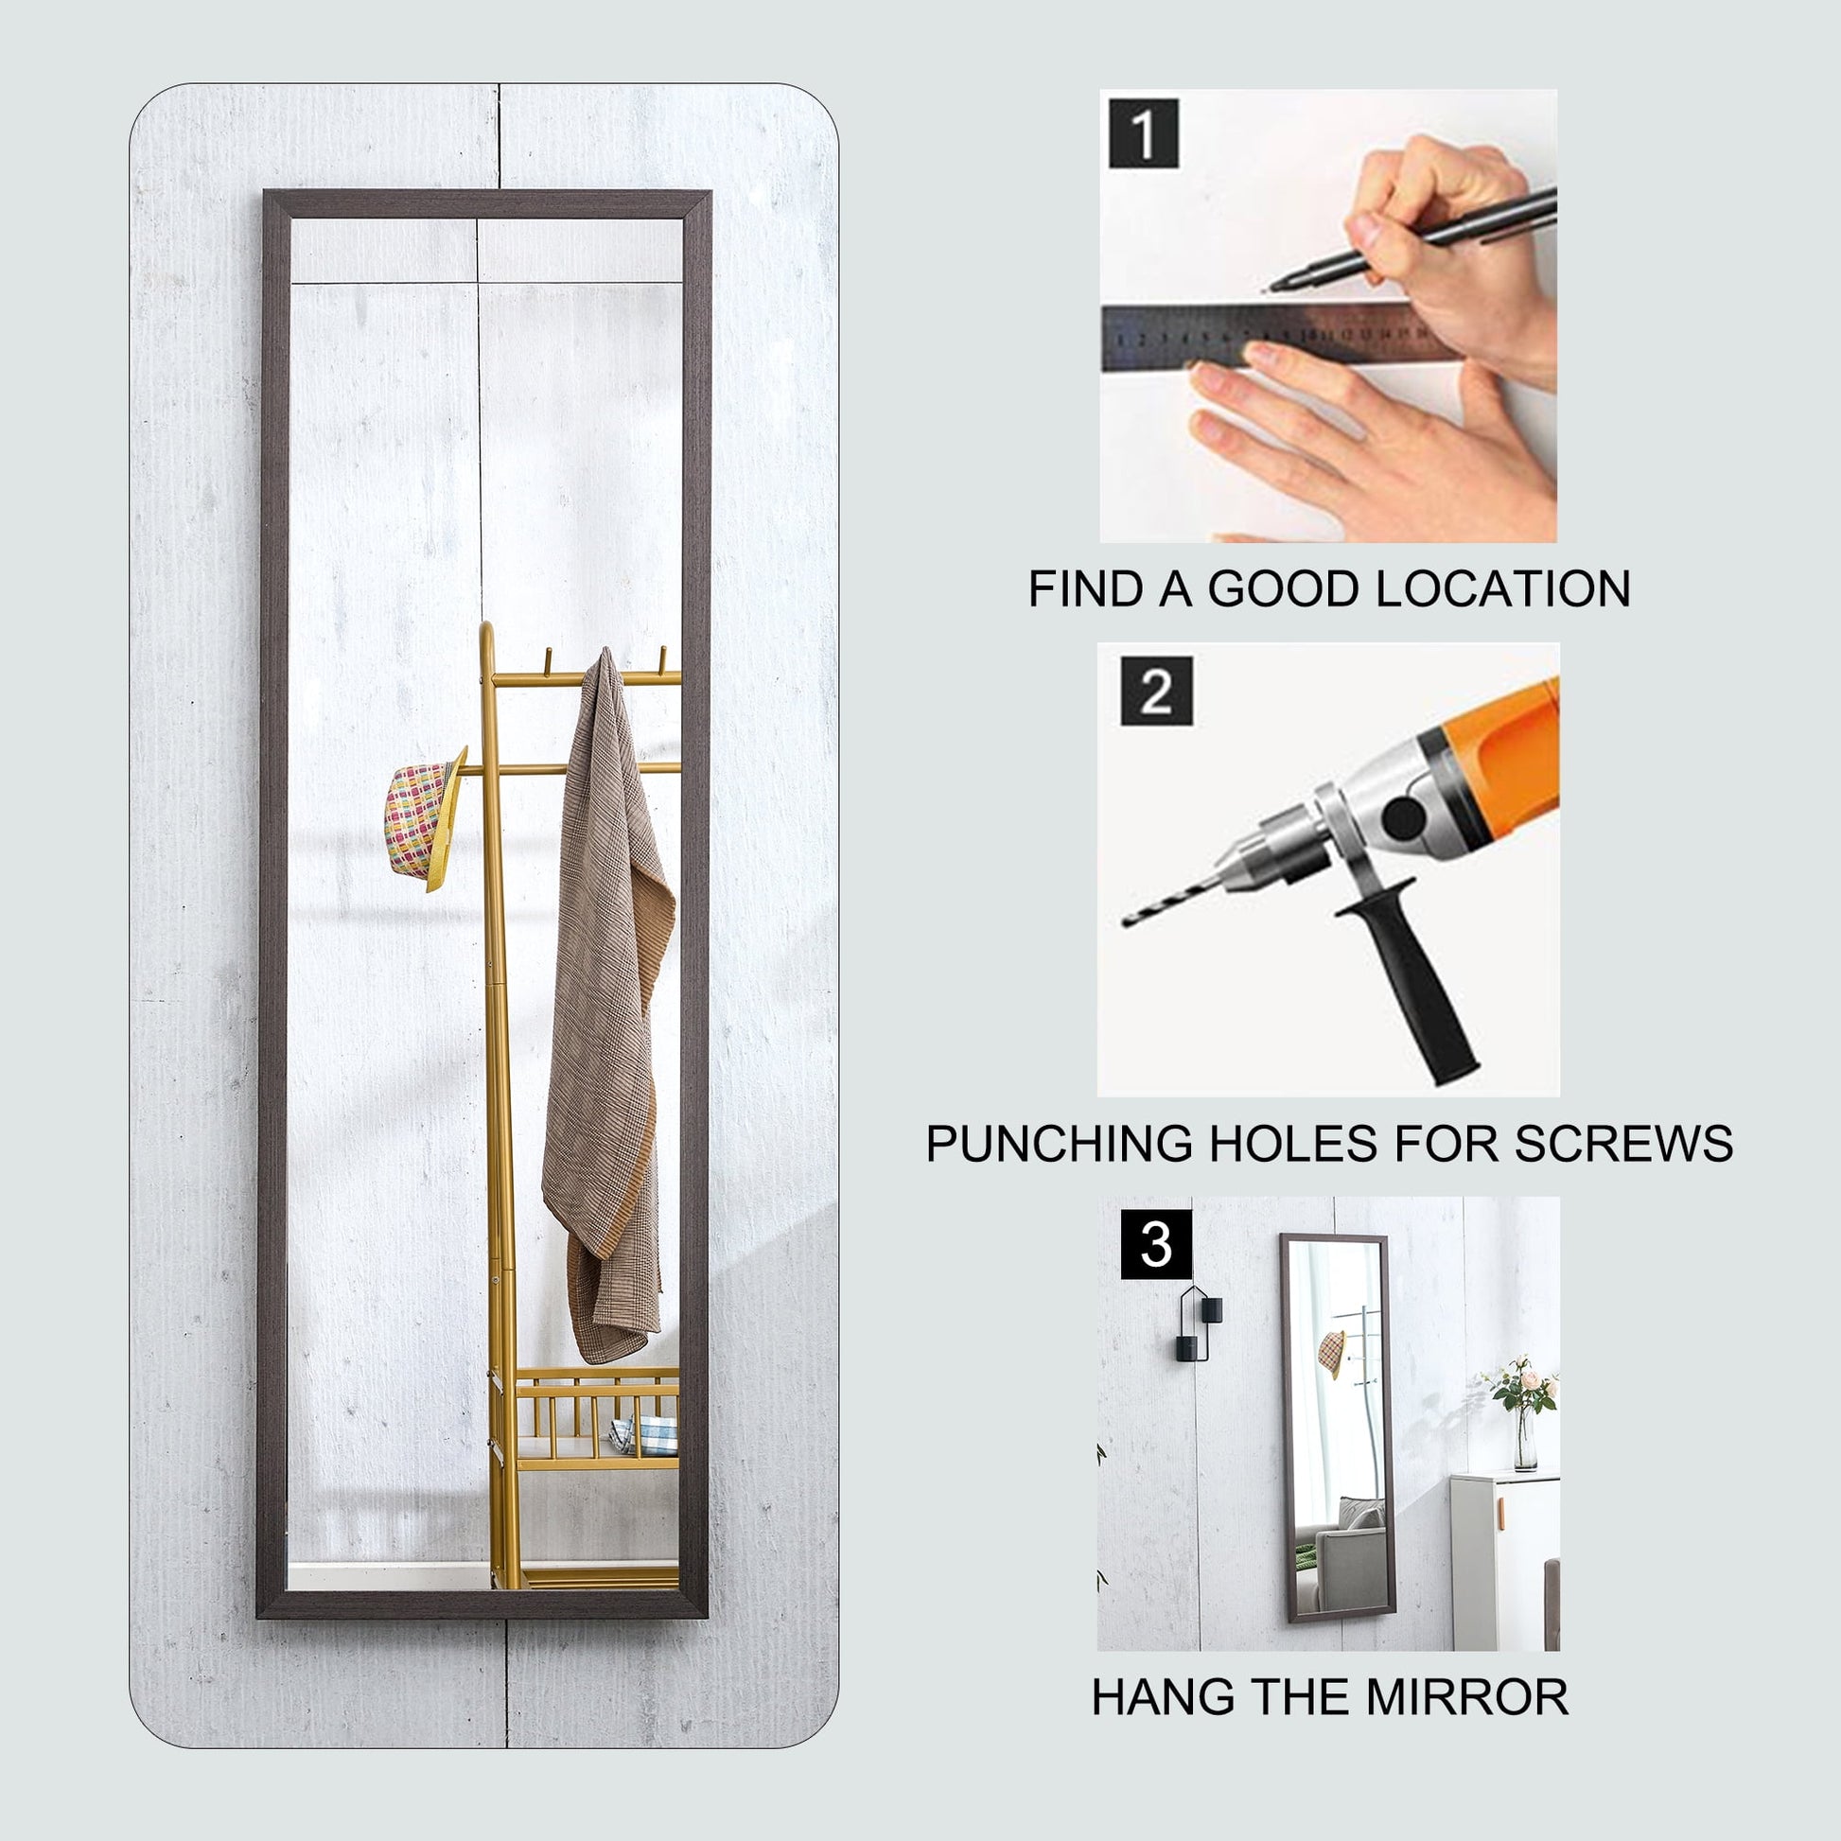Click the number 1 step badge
coord(1144,132)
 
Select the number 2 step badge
coord(1156,691)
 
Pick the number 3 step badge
coord(1156,1244)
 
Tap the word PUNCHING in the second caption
coord(1059,1143)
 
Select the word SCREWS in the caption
coord(1623,1143)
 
